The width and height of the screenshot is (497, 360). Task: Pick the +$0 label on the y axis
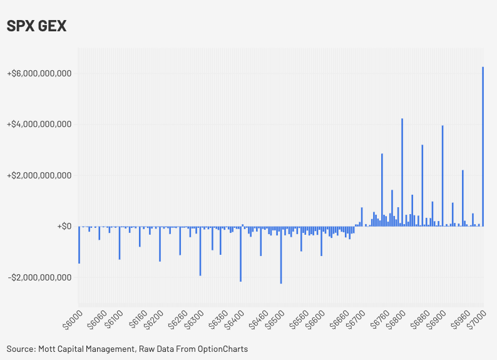tap(63, 226)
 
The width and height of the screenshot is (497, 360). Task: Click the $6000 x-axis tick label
tap(72, 318)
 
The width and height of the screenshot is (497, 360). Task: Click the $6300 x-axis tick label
tap(193, 318)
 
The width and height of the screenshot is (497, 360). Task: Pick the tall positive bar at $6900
tap(443, 175)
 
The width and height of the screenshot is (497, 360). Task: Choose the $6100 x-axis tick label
tap(113, 318)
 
